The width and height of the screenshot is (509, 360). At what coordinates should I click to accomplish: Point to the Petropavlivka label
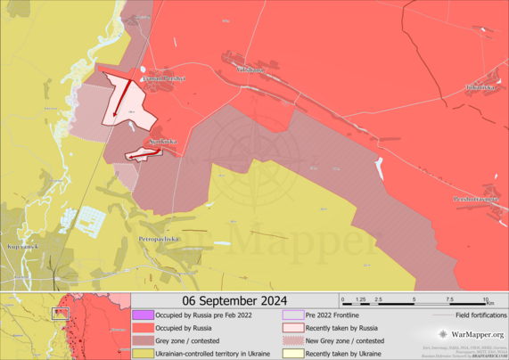click(160, 240)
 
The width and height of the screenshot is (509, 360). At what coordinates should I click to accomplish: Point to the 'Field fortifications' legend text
click(481, 315)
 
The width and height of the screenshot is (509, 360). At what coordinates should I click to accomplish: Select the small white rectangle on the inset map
click(61, 313)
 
